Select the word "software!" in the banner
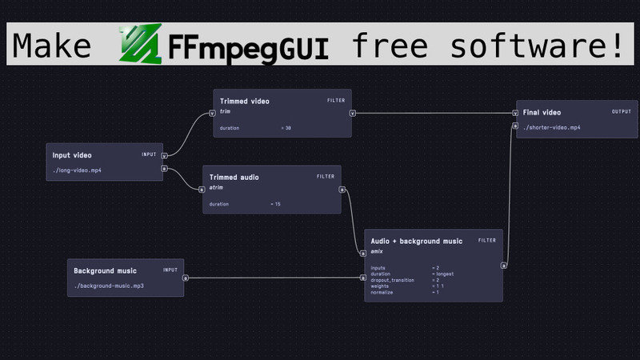click(x=536, y=46)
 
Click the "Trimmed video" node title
click(x=245, y=102)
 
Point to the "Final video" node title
click(x=542, y=113)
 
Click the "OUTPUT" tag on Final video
click(x=622, y=112)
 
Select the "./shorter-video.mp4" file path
click(x=552, y=127)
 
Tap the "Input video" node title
click(x=73, y=155)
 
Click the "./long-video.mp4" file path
click(x=77, y=170)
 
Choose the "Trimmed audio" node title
click(x=234, y=177)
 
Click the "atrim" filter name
click(x=215, y=187)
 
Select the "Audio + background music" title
click(x=416, y=241)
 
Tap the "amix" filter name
click(x=377, y=251)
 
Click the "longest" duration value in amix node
click(x=444, y=274)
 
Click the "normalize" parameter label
click(x=382, y=292)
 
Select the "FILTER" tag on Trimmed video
click(x=336, y=101)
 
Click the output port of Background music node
click(x=186, y=278)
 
